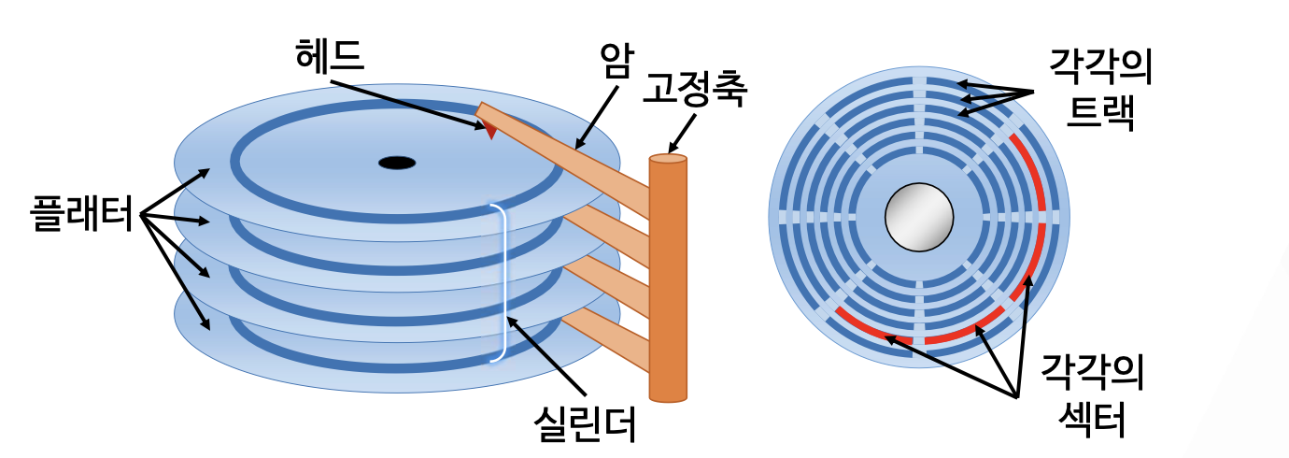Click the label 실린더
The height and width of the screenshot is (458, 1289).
584,422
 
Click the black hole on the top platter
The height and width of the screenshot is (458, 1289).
396,163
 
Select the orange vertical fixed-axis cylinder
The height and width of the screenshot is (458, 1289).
668,280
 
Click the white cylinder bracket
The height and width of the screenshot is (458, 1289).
502,282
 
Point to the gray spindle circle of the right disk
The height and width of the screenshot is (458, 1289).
919,217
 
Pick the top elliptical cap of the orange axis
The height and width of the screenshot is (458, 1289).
668,159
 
